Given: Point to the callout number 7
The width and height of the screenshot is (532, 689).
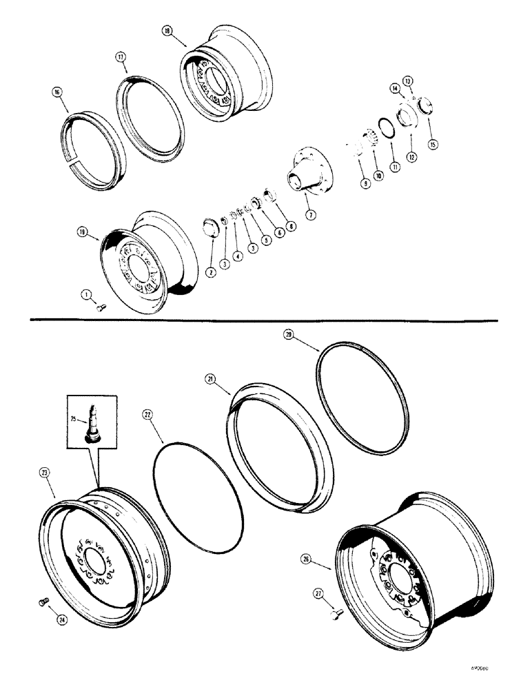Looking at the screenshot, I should (311, 215).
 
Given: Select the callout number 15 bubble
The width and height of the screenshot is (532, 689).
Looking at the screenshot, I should (433, 145).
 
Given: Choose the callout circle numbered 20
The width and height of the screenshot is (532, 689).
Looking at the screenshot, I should (289, 334).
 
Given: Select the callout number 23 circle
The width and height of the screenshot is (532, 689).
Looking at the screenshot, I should (45, 473).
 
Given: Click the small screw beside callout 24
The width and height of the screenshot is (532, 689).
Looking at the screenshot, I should (41, 603).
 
